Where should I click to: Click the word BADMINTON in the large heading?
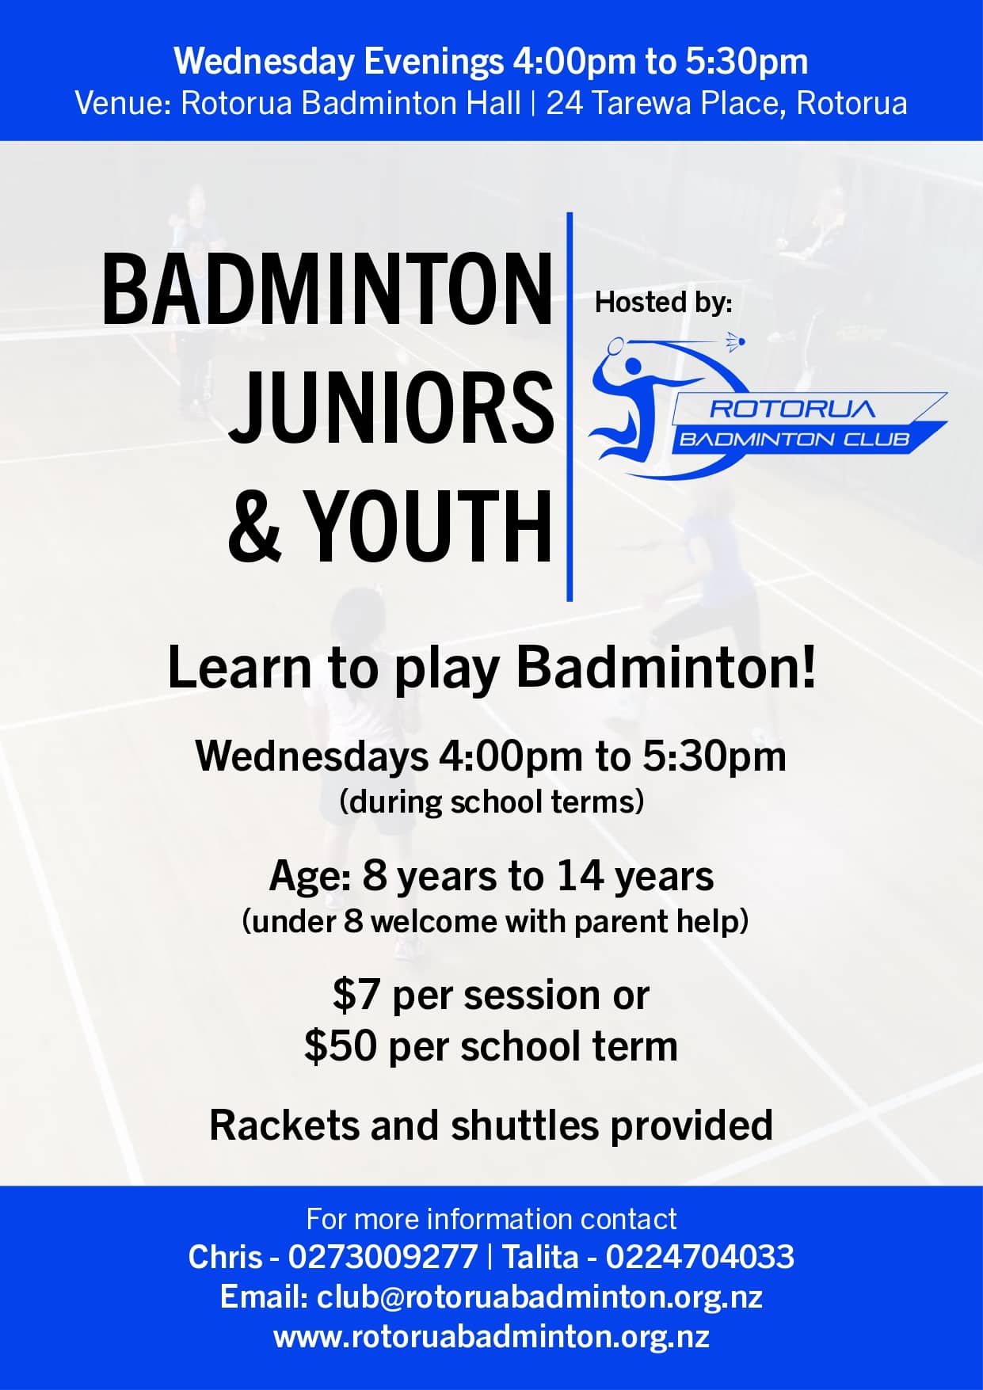click(x=327, y=288)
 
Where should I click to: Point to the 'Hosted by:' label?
click(x=664, y=302)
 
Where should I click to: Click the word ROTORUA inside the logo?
click(x=792, y=409)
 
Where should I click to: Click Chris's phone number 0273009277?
click(x=383, y=1257)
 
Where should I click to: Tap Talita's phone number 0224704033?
click(x=699, y=1257)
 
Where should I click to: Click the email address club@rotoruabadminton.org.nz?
click(x=539, y=1297)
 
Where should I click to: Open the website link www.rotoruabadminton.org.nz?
click(x=491, y=1337)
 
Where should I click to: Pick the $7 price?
click(x=356, y=995)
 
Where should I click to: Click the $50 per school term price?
click(x=491, y=1046)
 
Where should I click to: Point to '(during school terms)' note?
click(x=491, y=802)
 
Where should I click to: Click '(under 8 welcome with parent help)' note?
click(x=495, y=921)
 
